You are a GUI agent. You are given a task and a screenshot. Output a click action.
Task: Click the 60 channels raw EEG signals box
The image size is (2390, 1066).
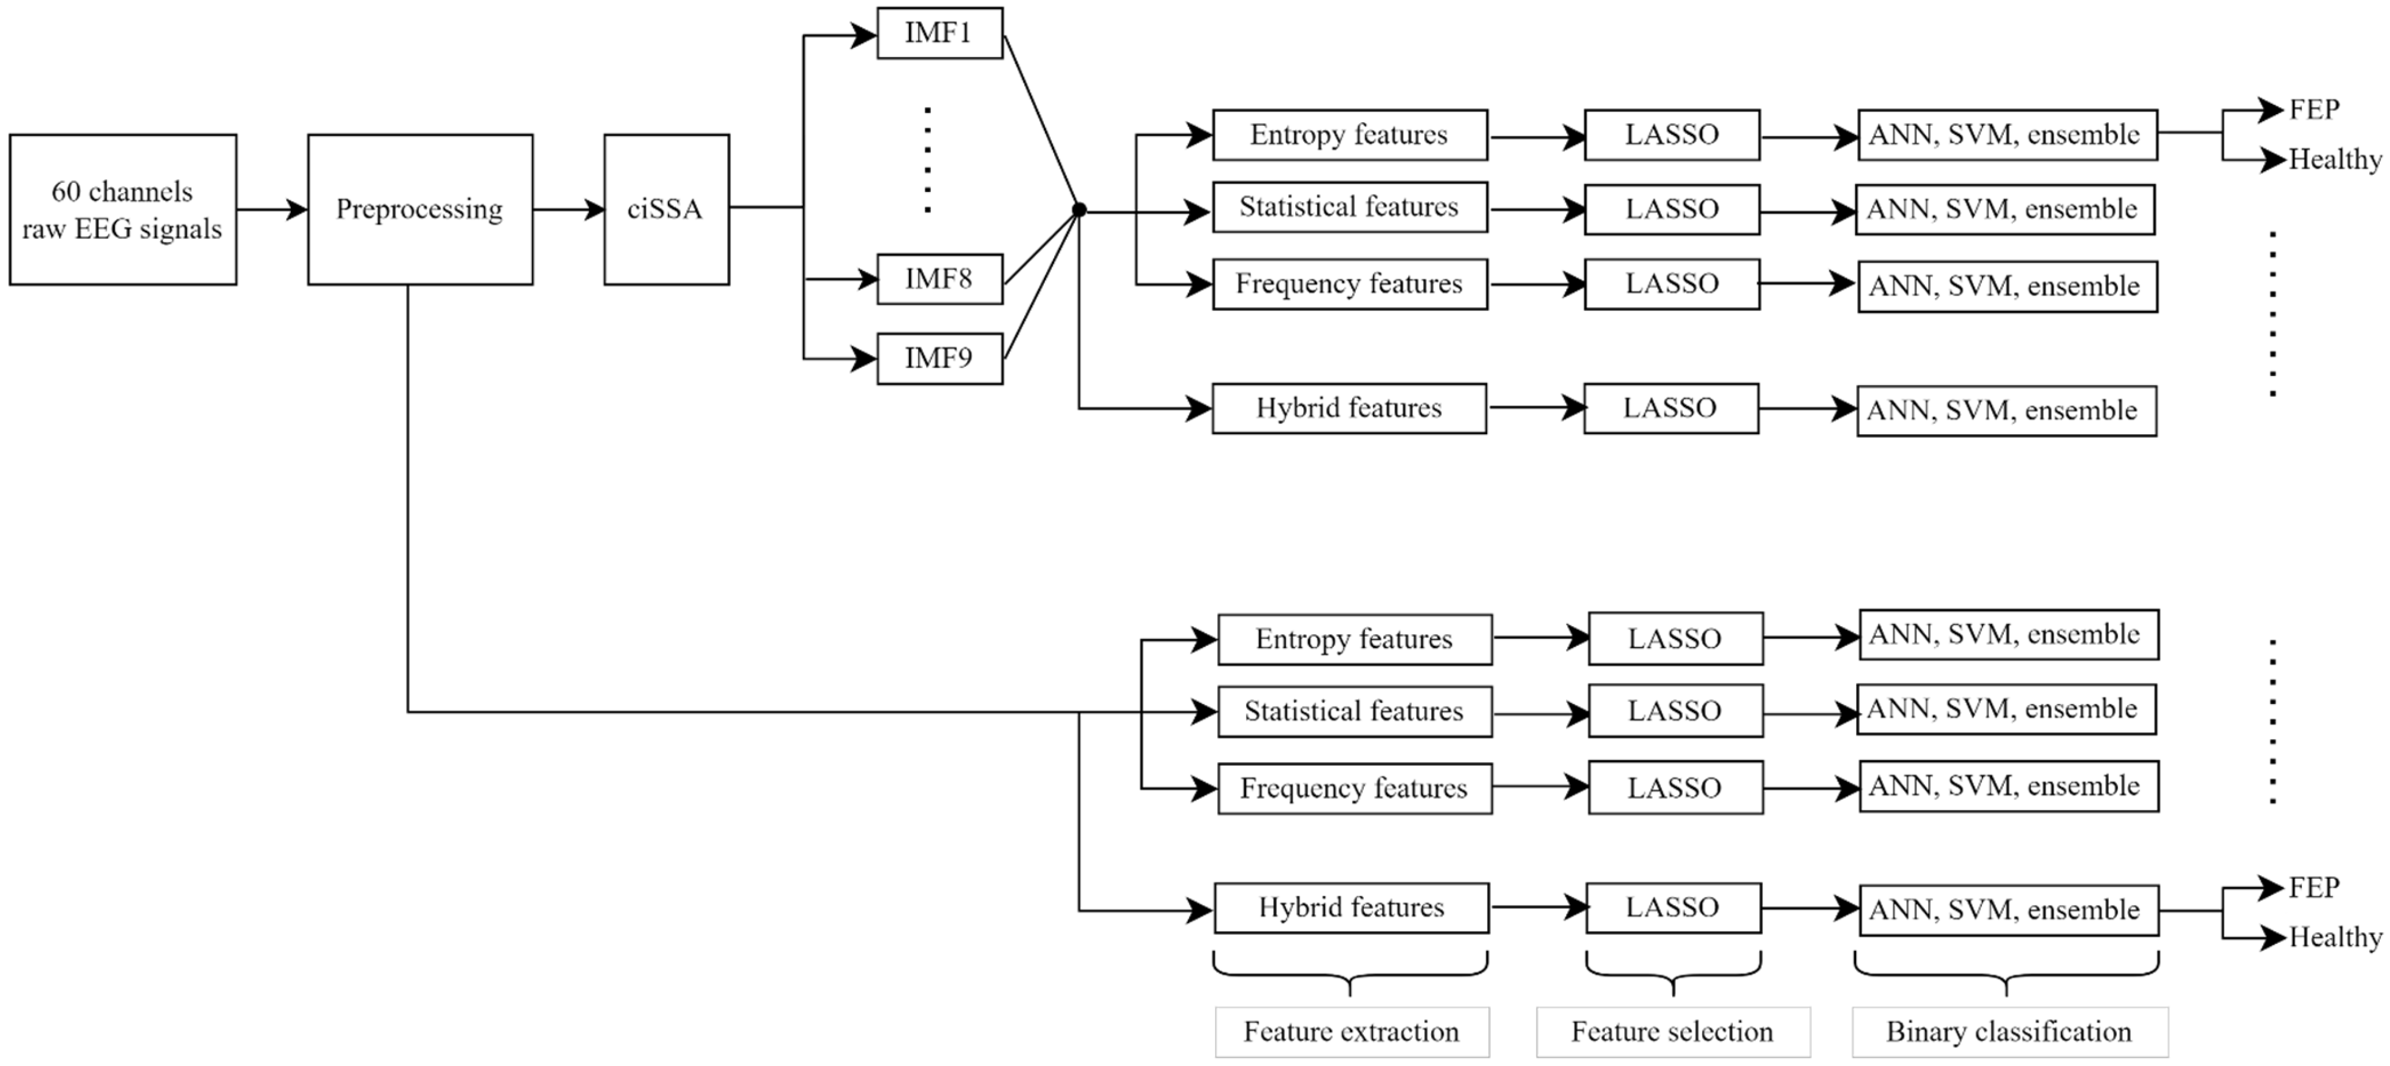123,210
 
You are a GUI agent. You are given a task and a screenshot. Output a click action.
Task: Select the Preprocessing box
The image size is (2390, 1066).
420,210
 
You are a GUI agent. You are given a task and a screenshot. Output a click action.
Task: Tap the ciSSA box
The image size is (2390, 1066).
666,210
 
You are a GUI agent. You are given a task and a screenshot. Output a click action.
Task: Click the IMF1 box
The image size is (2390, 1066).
939,33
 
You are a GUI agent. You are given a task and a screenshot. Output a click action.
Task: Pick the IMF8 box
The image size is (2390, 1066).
939,278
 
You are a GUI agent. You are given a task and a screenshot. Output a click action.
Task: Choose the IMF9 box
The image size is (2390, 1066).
939,358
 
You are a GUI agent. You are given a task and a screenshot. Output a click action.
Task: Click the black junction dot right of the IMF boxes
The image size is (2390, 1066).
1079,211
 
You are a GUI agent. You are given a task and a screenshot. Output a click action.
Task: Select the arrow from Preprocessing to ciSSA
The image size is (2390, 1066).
568,210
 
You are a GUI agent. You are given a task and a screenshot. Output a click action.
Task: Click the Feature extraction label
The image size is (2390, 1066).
1352,1031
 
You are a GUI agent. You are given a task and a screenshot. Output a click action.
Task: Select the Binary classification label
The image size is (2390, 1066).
2010,1031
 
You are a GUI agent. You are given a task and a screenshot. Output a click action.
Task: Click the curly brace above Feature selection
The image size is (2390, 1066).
1673,974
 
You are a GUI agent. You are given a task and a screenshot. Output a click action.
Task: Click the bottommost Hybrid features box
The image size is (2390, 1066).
1351,907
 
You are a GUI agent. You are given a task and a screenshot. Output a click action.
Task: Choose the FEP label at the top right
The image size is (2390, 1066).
2314,109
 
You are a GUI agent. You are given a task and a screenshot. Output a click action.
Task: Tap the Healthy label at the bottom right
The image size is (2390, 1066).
2334,937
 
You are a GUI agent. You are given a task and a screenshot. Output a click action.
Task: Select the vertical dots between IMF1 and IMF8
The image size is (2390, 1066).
928,160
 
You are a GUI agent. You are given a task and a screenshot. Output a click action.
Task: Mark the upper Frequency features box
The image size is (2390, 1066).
1349,284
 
